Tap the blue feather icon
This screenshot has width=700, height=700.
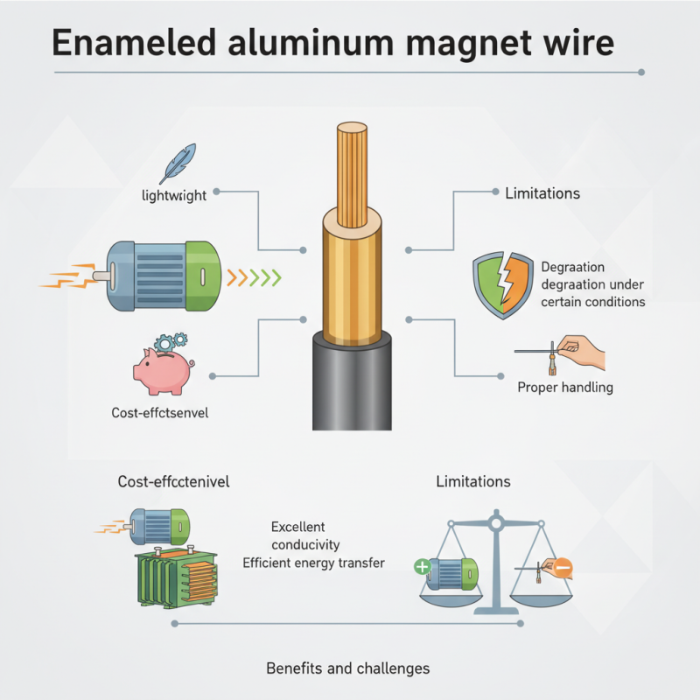[x=180, y=163]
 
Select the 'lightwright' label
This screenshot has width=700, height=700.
[x=174, y=195]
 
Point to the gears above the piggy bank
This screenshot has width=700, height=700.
[x=170, y=340]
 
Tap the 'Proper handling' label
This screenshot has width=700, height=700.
[x=565, y=387]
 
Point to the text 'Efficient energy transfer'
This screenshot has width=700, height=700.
[x=313, y=563]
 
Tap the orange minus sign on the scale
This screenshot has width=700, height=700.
[x=563, y=569]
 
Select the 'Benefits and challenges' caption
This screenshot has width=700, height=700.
[x=347, y=668]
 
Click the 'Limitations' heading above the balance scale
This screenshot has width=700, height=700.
[x=473, y=481]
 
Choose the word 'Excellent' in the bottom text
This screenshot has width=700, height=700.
[x=298, y=527]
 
